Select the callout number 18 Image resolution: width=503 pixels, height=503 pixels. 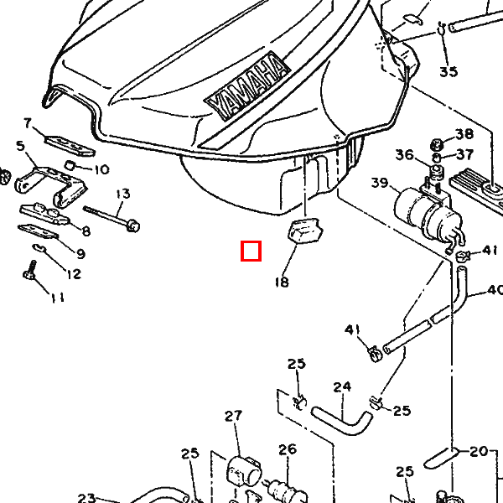281,283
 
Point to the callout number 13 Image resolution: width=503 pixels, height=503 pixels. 123,194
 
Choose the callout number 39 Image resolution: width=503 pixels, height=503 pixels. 380,184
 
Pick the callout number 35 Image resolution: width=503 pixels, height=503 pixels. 449,71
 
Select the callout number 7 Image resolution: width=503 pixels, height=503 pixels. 28,123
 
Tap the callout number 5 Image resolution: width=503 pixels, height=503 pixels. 20,146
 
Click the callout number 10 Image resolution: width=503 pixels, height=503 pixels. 101,169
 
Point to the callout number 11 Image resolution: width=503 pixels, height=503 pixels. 57,298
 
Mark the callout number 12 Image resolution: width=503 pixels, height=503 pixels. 73,274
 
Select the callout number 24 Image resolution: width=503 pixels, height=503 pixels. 341,386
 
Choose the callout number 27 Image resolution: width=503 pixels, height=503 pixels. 232,416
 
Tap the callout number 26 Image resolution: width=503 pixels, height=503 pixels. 288,449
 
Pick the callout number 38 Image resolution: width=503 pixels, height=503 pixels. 464,135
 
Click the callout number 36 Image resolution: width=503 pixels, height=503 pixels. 405,154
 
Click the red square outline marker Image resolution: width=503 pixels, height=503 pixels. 251,251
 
